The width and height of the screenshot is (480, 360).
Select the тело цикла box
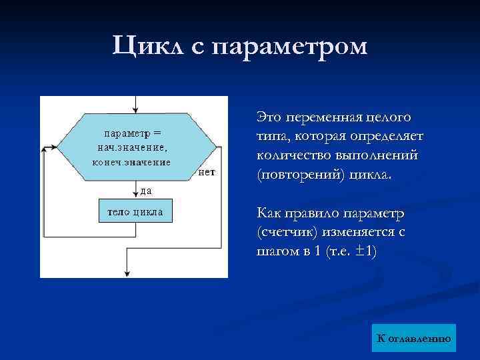tap(135, 212)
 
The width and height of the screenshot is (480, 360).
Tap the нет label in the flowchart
tap(207, 171)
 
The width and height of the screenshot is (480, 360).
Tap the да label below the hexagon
tap(145, 190)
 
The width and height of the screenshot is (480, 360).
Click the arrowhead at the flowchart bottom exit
tap(127, 273)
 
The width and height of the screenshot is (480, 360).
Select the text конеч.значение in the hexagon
tap(131, 161)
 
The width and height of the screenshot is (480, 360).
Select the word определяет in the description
tap(388, 136)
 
